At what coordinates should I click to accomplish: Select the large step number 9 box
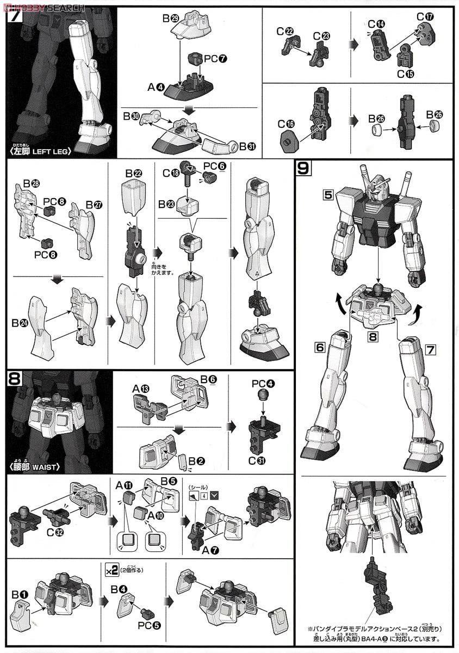pyautogui.click(x=303, y=168)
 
